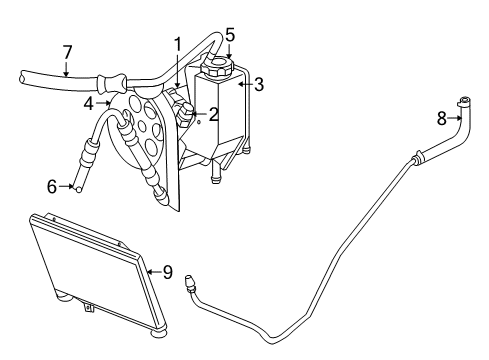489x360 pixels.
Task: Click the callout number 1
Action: [177, 44]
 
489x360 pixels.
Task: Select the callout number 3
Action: [258, 85]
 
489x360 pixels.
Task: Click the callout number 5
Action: [229, 35]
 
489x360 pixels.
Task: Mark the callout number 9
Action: [168, 270]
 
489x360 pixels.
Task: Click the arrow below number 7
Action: [65, 69]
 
